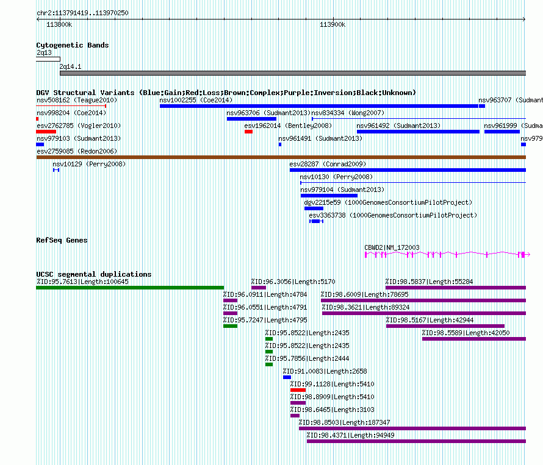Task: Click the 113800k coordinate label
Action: (x=59, y=24)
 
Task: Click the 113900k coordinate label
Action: (x=333, y=24)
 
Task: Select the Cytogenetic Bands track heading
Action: (x=72, y=45)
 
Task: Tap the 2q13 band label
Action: (x=44, y=53)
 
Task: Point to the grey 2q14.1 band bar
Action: (x=292, y=73)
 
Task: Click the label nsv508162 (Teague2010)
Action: (x=76, y=99)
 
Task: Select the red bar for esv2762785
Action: (x=46, y=132)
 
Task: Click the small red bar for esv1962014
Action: (x=248, y=132)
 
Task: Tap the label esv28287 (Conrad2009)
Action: (x=327, y=163)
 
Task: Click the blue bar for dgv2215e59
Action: (x=314, y=208)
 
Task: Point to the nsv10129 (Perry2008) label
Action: (x=88, y=163)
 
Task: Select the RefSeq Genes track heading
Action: (x=62, y=240)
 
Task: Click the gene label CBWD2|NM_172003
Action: (x=392, y=247)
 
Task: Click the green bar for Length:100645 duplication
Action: (x=130, y=288)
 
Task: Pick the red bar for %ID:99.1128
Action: (x=298, y=390)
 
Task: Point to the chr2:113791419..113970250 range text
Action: (x=82, y=12)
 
